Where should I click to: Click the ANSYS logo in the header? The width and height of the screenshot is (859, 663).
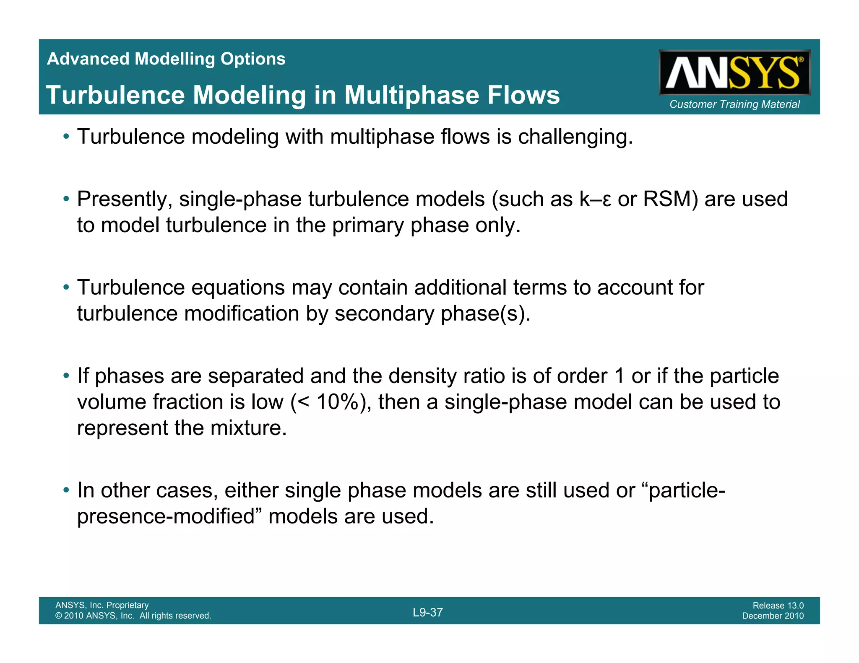click(x=734, y=73)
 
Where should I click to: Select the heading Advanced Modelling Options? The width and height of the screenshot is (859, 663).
click(x=166, y=59)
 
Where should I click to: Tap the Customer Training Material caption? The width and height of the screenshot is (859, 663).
click(x=734, y=104)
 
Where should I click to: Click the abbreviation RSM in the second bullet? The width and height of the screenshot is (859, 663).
click(x=670, y=199)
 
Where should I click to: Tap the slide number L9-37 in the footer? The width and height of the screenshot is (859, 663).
click(x=427, y=612)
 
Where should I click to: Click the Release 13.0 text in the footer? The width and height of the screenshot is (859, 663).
click(x=778, y=605)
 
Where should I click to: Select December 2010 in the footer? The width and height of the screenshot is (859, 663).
click(x=773, y=616)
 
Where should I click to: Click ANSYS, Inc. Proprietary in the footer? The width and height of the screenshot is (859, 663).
click(x=102, y=605)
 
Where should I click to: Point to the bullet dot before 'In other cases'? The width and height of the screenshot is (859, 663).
click(x=66, y=490)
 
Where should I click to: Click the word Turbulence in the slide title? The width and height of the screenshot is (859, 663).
click(x=115, y=95)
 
